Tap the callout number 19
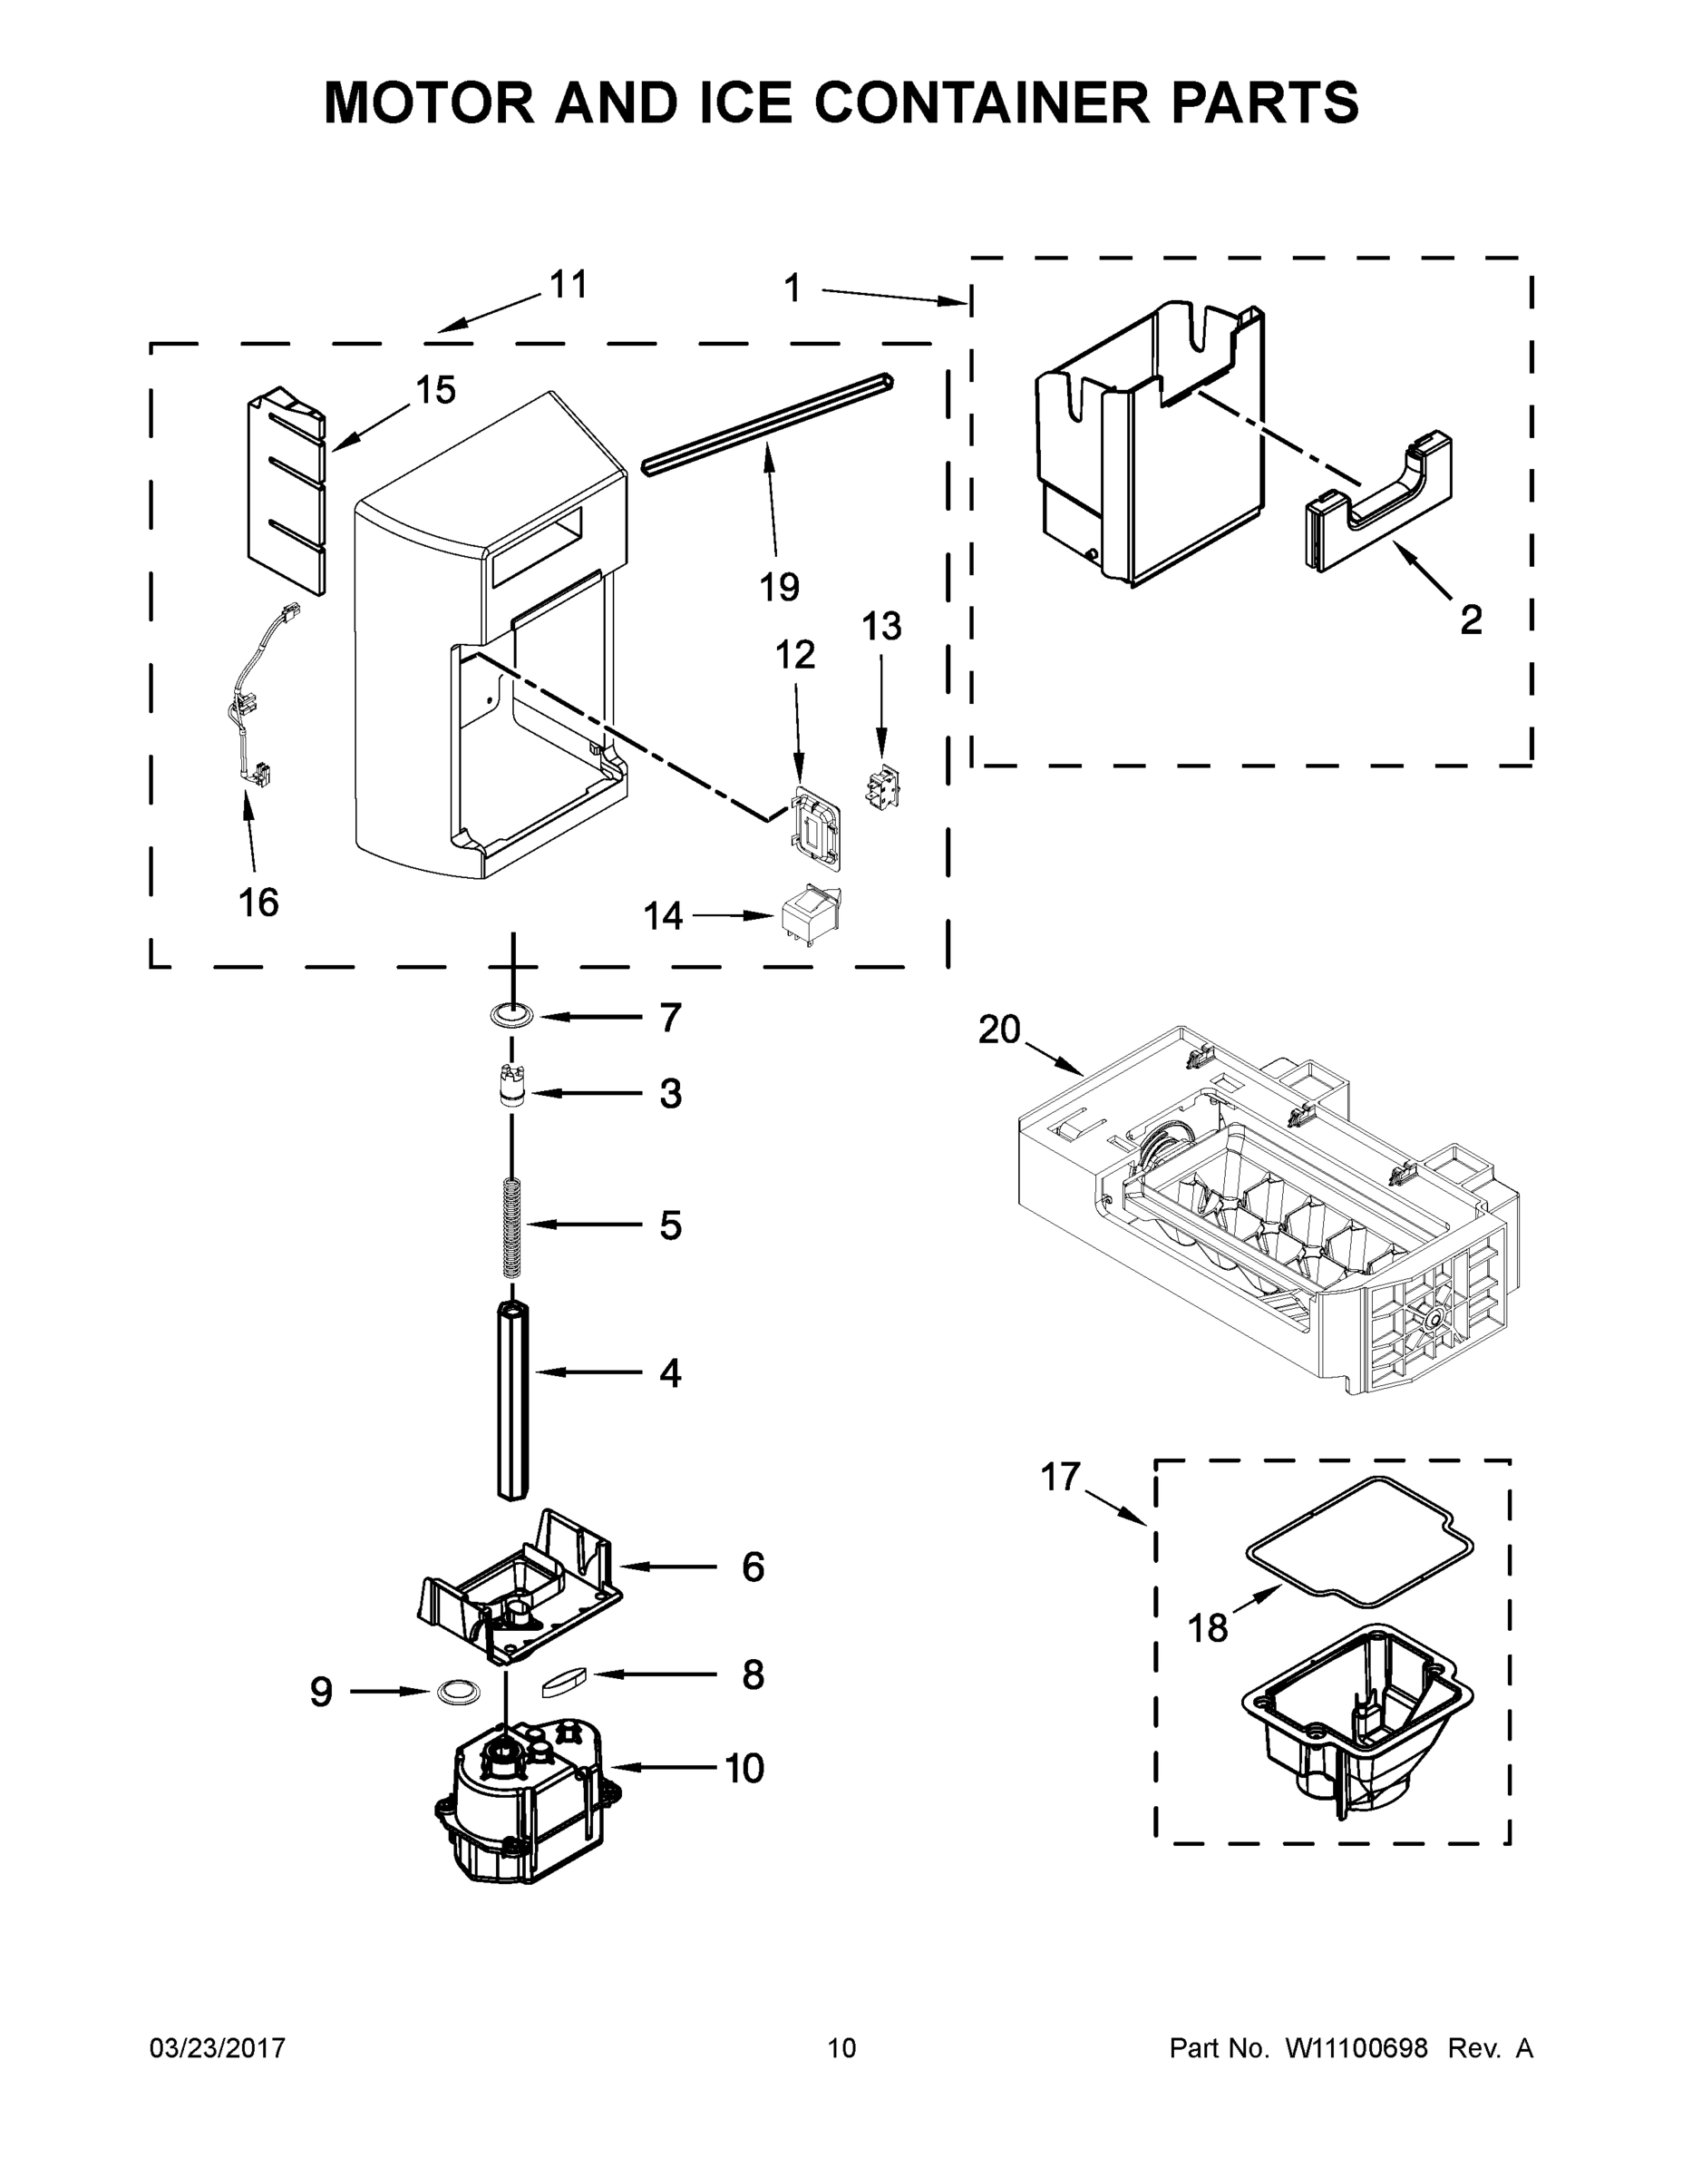[779, 587]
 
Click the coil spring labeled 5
[512, 1226]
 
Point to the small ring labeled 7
[511, 1016]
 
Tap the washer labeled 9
[455, 1691]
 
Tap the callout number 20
[999, 1029]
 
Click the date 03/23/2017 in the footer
[218, 2048]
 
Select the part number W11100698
[1356, 2048]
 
